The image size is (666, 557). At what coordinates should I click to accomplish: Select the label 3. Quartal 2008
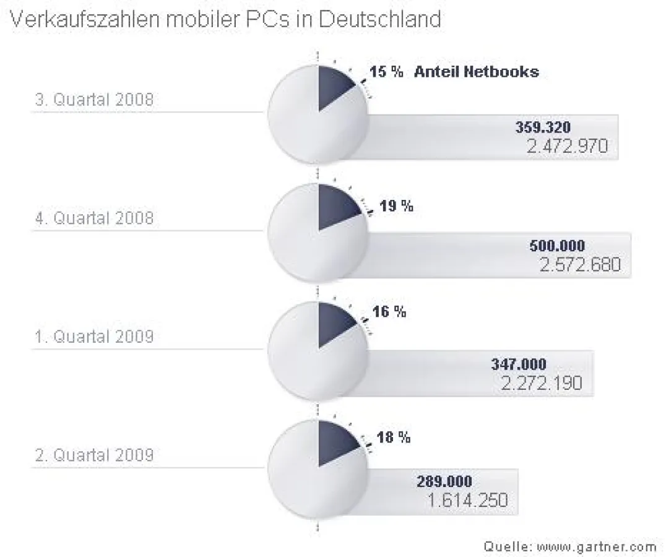[94, 100]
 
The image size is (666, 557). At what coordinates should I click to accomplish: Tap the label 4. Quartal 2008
[94, 218]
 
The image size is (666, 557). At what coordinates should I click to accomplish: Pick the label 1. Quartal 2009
[94, 337]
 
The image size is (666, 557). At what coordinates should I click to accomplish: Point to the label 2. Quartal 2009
[94, 456]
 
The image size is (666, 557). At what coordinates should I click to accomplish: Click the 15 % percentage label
[386, 72]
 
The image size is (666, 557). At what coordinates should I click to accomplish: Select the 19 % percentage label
[396, 206]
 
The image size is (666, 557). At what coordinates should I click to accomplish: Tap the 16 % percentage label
[389, 311]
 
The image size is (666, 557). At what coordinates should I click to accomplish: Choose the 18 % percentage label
[394, 438]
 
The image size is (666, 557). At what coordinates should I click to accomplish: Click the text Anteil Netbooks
[476, 72]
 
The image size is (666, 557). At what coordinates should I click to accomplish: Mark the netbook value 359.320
[543, 127]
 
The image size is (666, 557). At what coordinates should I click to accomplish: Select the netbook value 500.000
[556, 246]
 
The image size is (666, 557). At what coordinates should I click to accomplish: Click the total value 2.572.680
[579, 266]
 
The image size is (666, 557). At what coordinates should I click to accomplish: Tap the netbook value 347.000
[519, 365]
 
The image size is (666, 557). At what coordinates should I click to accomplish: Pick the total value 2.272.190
[542, 384]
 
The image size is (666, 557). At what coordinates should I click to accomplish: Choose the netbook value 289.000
[444, 481]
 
